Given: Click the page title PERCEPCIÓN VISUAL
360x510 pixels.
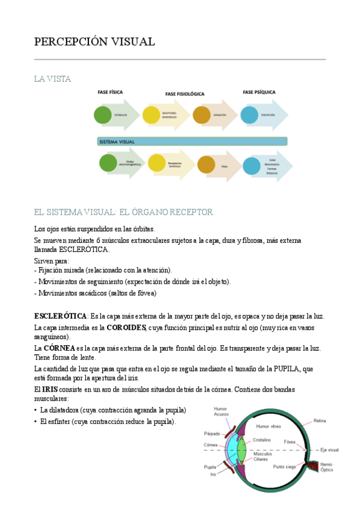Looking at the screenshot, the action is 94,41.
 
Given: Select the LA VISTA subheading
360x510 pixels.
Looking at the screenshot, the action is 53,79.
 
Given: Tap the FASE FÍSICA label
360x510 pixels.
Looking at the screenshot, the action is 111,93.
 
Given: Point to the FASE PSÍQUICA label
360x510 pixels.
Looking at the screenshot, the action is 259,93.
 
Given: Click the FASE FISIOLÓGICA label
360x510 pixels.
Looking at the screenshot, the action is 185,94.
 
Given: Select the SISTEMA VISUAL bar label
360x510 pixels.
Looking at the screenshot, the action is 117,142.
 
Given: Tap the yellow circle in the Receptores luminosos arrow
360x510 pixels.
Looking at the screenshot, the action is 156,162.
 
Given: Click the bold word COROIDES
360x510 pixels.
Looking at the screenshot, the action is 126,328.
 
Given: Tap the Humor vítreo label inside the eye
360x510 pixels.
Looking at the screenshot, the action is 269,425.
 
